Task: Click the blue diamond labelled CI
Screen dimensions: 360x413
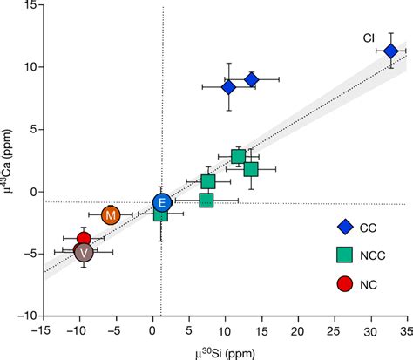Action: click(390, 51)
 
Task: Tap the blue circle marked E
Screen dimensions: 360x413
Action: click(162, 202)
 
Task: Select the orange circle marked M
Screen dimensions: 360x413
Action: click(111, 214)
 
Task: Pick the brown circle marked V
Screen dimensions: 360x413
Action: click(84, 252)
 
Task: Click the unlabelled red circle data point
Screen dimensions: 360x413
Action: click(84, 239)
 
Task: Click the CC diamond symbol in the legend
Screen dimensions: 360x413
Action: click(345, 228)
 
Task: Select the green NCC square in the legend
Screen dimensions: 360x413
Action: click(345, 255)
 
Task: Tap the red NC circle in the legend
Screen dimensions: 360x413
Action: click(345, 283)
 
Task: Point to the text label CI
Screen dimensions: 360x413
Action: click(369, 38)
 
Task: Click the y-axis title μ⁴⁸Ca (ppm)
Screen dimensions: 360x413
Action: click(10, 161)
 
